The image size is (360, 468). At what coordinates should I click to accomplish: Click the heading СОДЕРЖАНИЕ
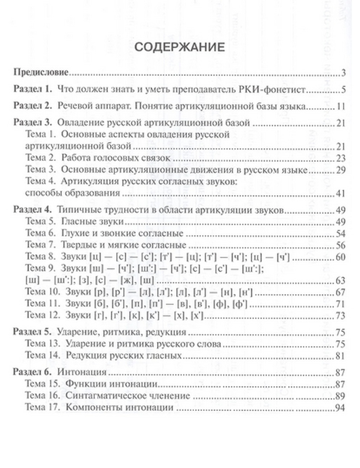pos(180,48)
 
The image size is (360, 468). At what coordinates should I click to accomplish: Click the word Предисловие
pos(41,72)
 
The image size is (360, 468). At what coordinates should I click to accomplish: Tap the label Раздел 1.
pos(33,89)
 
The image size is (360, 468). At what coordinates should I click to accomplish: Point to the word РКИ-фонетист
pos(272,89)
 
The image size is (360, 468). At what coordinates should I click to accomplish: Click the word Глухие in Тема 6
pos(75,234)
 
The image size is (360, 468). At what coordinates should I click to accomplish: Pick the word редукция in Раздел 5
pos(168,332)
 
